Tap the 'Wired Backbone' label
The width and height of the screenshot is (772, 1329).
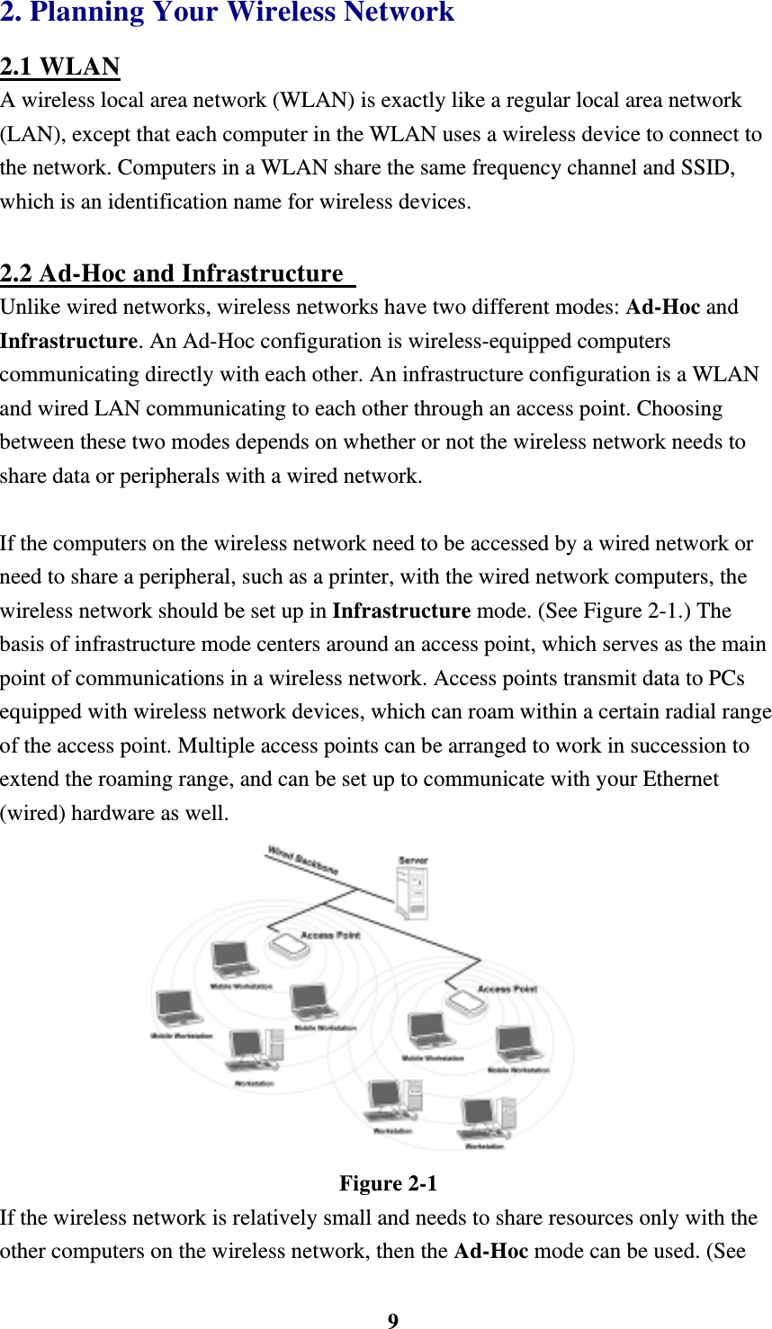pos(302,860)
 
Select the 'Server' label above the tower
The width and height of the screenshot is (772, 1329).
pos(413,861)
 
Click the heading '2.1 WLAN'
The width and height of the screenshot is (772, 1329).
pos(60,67)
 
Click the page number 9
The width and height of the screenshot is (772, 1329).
pos(392,1320)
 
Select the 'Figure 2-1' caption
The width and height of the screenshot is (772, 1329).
pos(388,1183)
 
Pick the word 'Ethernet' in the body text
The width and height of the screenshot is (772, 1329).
pos(680,780)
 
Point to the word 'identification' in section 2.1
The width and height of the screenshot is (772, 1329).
pos(166,202)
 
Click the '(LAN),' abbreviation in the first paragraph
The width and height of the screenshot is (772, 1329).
pos(32,135)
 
